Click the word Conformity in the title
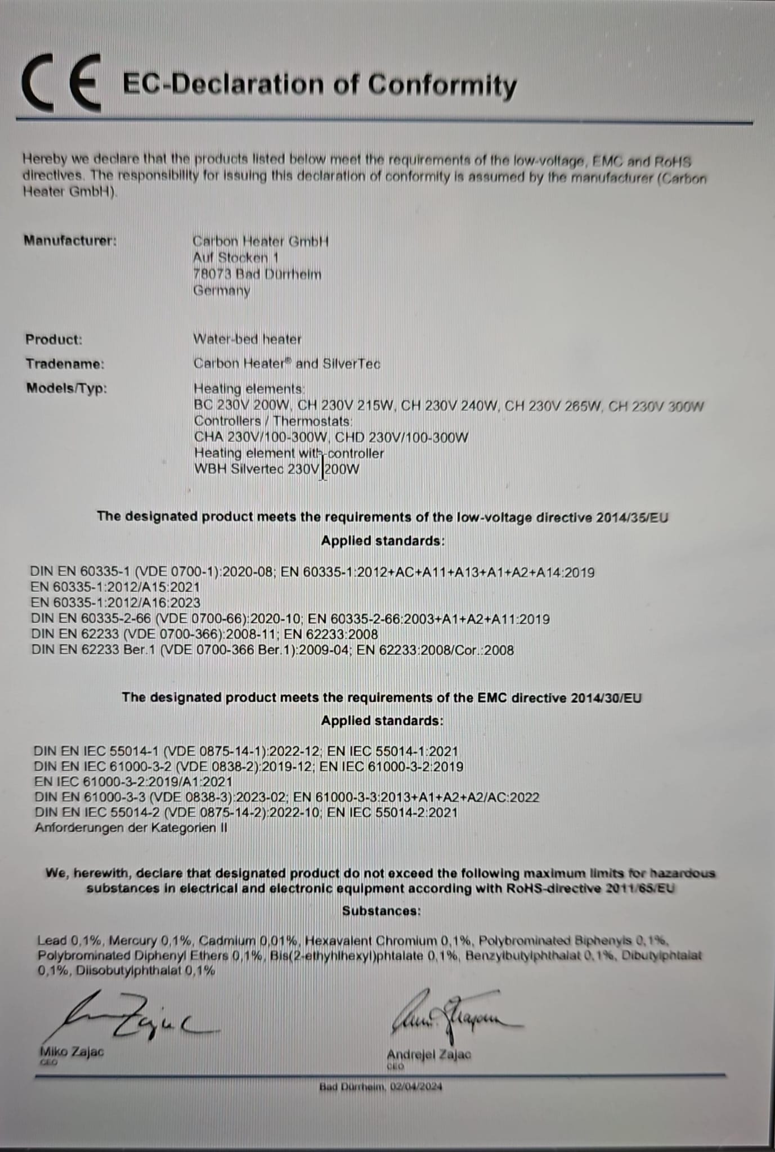(442, 85)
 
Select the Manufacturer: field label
(70, 241)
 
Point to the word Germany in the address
(221, 291)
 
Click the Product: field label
(53, 340)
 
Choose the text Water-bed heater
(247, 339)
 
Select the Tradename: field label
(65, 364)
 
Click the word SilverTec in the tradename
(351, 364)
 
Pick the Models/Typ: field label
(66, 388)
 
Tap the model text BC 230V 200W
(242, 406)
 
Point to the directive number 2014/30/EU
(606, 698)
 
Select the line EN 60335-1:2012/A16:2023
(115, 602)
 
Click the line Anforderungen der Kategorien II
(131, 828)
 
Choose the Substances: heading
(381, 911)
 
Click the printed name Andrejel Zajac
(429, 1055)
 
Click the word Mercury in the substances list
(133, 940)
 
